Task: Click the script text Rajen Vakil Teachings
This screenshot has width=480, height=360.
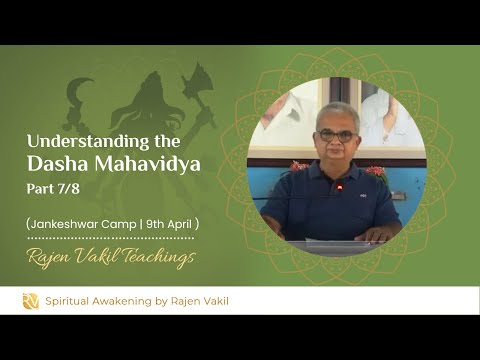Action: [110, 257]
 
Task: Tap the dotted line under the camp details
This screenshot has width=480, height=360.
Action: [110, 238]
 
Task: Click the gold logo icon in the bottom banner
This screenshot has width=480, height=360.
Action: [31, 300]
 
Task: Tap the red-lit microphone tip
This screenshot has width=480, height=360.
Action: [339, 187]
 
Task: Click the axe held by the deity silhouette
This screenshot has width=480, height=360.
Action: [197, 83]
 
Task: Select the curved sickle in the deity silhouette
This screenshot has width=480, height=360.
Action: [77, 96]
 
